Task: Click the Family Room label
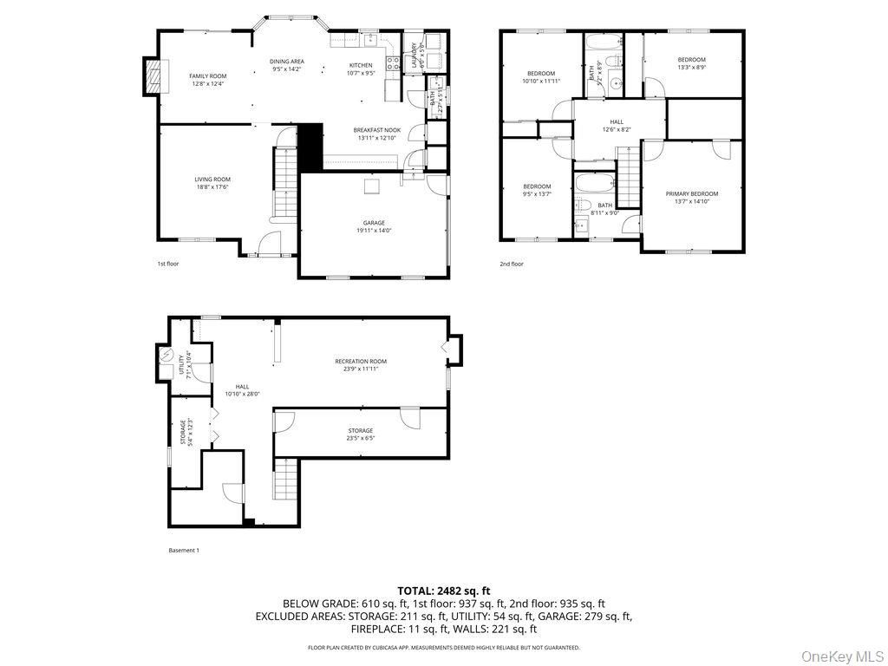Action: (x=207, y=76)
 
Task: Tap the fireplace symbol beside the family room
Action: (x=153, y=75)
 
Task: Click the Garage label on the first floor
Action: (x=374, y=223)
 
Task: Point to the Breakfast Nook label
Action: (x=376, y=129)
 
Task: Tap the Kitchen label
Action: (x=361, y=65)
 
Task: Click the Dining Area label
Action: (x=286, y=61)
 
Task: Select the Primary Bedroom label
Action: (x=691, y=193)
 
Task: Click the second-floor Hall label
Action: (x=616, y=121)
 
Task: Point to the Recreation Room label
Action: (x=361, y=361)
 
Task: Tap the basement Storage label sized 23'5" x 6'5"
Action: (x=361, y=430)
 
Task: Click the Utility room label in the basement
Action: (x=181, y=365)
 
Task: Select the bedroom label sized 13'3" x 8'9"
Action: (x=691, y=59)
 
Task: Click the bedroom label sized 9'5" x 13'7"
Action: (x=536, y=186)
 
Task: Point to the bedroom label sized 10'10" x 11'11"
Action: (x=540, y=73)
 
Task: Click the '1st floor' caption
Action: (x=167, y=264)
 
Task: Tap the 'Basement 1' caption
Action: (x=183, y=550)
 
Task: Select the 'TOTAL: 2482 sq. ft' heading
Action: (x=443, y=591)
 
